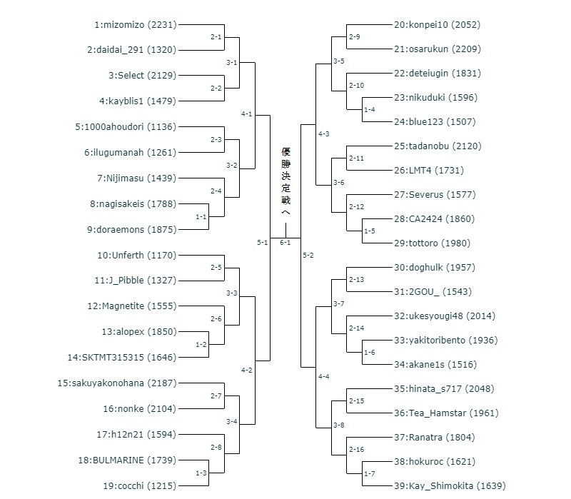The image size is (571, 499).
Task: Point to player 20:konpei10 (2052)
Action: click(x=437, y=24)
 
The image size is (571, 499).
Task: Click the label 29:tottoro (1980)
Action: click(x=443, y=243)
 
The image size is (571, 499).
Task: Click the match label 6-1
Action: click(x=285, y=243)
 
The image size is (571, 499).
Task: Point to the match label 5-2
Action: click(x=308, y=255)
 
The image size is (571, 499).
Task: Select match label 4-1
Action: click(x=247, y=114)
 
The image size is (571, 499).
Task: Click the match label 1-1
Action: click(x=201, y=216)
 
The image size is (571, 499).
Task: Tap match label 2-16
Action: click(x=357, y=449)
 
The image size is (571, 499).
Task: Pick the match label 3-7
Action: click(x=338, y=304)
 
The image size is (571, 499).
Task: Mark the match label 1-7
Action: click(x=369, y=474)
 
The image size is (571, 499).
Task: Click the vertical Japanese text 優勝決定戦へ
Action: click(x=286, y=183)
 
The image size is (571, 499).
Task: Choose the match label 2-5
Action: click(x=216, y=268)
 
